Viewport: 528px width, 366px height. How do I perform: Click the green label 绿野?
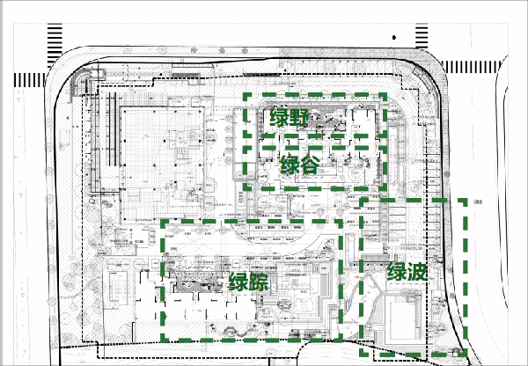[290, 118]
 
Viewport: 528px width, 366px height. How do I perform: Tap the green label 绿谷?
[300, 165]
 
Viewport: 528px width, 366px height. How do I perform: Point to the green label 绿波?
[407, 273]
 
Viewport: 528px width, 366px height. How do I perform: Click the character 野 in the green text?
[302, 118]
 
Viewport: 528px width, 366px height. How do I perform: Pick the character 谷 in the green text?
[312, 165]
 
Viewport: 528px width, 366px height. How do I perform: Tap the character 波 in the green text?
[417, 273]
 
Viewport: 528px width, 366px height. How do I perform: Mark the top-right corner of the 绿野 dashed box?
[385, 96]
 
